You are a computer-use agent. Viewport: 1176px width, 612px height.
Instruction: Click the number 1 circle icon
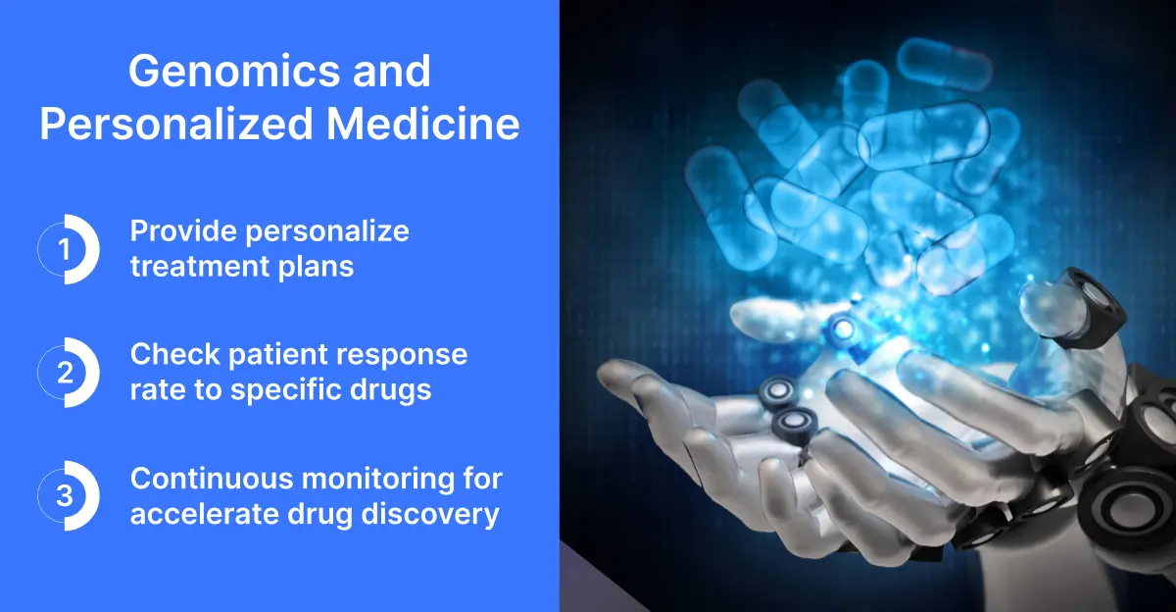(x=67, y=250)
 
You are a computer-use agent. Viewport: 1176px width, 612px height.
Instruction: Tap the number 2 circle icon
(x=67, y=373)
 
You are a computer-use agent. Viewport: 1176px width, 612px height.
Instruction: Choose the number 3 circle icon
(x=67, y=496)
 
